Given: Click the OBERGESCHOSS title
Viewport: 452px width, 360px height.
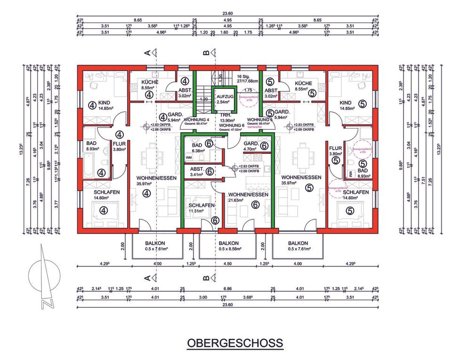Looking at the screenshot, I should (x=235, y=343).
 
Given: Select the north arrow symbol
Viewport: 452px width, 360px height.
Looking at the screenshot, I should (x=43, y=278).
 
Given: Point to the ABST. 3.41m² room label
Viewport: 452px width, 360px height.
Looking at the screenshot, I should (x=197, y=173).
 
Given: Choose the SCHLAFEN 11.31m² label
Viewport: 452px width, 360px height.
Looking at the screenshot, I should (x=202, y=208).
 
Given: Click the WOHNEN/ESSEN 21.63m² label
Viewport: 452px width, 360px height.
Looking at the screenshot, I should (x=248, y=197).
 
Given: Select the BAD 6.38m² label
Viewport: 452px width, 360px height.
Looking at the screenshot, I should (x=197, y=148).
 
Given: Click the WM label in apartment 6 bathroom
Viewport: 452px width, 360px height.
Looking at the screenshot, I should (x=189, y=158).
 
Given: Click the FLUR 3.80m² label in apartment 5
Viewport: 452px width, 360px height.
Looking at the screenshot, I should (x=335, y=151).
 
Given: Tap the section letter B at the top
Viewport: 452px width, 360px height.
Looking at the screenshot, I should (x=206, y=54).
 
